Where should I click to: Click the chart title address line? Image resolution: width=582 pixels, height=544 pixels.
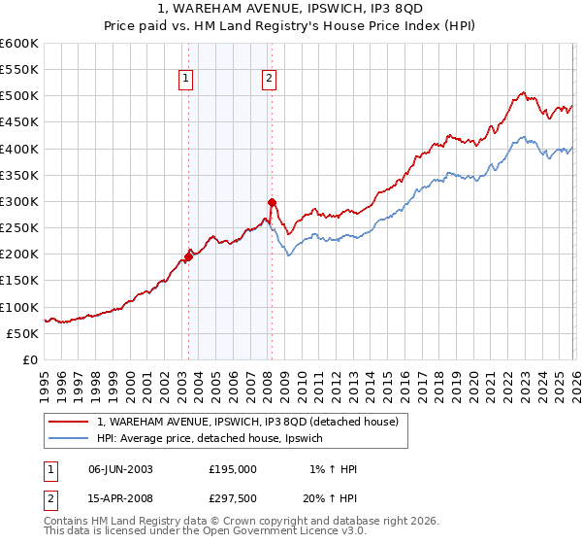click(x=290, y=11)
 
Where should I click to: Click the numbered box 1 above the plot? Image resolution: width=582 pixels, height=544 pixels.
click(x=185, y=81)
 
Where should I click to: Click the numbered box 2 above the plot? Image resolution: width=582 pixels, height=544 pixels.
click(x=268, y=81)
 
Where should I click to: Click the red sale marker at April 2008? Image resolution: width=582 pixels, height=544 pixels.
click(x=272, y=203)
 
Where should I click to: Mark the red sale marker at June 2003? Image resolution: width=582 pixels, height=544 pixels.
click(x=188, y=256)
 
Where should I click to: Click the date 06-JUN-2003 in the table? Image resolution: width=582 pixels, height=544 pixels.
click(x=119, y=469)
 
